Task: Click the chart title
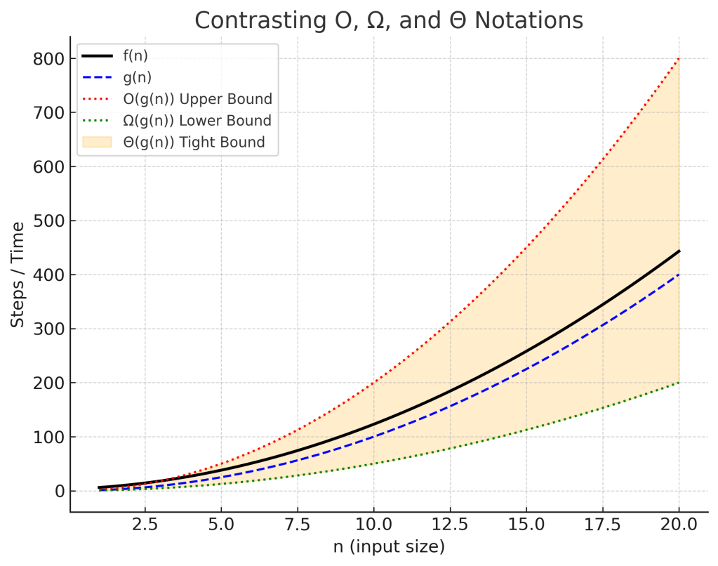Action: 388,20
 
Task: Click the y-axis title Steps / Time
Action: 19,275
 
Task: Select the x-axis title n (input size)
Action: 388,546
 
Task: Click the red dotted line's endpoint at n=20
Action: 679,59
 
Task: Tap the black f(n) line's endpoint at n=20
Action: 679,251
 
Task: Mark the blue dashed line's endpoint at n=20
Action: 679,275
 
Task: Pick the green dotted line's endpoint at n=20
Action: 679,383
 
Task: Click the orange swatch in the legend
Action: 98,143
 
